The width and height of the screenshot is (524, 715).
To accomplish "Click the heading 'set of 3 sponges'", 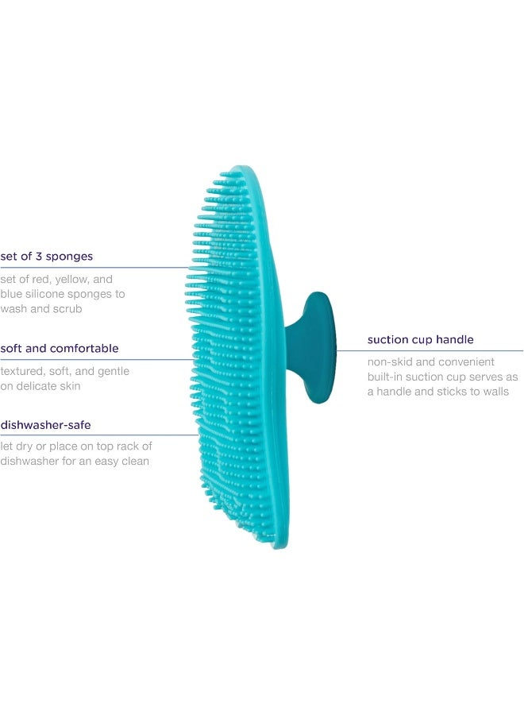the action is pyautogui.click(x=47, y=257).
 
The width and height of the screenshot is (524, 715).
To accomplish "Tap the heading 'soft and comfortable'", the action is pyautogui.click(x=60, y=349).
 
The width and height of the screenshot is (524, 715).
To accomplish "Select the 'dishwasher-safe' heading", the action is pyautogui.click(x=45, y=425).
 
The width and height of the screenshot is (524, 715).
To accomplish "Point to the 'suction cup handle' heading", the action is pyautogui.click(x=420, y=340).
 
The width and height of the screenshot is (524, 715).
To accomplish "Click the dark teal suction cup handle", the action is pyautogui.click(x=314, y=347).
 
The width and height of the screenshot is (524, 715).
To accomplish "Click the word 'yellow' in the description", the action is pyautogui.click(x=72, y=280).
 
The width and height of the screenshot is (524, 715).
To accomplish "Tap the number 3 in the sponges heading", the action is pyautogui.click(x=39, y=257).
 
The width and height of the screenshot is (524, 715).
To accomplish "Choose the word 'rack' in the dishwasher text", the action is pyautogui.click(x=130, y=446).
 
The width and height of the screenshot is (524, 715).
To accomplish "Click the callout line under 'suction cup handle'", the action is pyautogui.click(x=430, y=350).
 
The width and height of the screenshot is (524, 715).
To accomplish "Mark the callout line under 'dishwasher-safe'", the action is pyautogui.click(x=99, y=435).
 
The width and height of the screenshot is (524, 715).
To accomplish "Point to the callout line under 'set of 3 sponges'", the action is pyautogui.click(x=94, y=268).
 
